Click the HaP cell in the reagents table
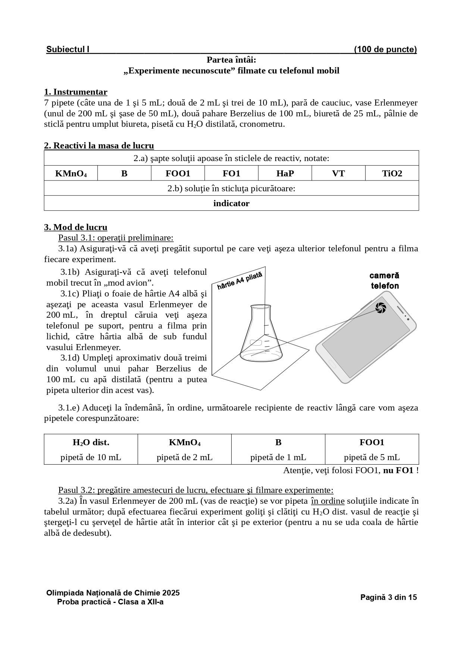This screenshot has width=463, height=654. tap(285, 173)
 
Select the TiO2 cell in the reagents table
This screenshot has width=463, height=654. tap(392, 173)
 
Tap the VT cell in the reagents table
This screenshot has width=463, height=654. tap(338, 173)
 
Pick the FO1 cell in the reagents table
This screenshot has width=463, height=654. tap(231, 173)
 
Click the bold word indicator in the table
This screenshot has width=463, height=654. tap(231, 203)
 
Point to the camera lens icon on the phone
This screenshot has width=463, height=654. tap(381, 308)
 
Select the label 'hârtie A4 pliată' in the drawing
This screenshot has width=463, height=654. tap(240, 280)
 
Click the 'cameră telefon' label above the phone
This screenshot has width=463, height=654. tap(384, 281)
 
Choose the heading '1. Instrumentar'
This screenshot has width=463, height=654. tap(76, 92)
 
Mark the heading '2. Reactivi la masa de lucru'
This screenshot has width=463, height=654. tap(99, 145)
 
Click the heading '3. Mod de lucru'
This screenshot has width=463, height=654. tap(76, 227)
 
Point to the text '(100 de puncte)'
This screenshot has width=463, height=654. tap(385, 50)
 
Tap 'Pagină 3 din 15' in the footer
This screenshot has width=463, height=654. tap(388, 597)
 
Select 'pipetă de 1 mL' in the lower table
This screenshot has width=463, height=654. tap(278, 457)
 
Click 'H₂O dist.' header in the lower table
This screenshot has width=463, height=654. tap(91, 443)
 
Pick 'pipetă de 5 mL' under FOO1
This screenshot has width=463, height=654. tap(372, 457)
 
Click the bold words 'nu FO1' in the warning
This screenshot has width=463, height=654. tap(398, 471)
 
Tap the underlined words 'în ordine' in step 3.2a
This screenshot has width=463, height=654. tap(328, 501)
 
